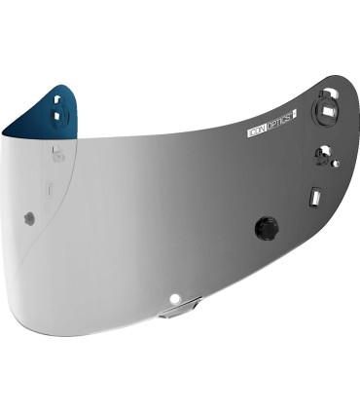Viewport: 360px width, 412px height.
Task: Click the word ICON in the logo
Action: click(258, 127)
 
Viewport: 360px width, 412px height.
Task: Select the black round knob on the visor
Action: click(266, 228)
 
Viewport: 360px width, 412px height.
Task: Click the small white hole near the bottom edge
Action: click(175, 296)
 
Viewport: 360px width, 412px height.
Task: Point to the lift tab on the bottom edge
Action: click(181, 309)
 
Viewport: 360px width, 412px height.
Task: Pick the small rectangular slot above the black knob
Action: click(315, 197)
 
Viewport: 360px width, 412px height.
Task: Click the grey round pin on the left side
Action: click(29, 218)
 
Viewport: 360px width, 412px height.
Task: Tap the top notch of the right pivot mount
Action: click(329, 92)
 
